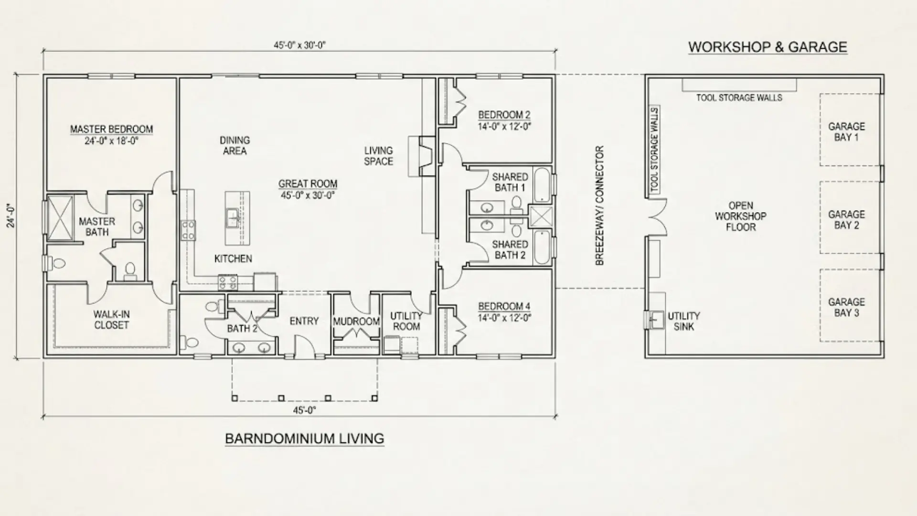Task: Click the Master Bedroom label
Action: point(111,129)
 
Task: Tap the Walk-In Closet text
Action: point(111,320)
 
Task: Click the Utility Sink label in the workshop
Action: point(683,322)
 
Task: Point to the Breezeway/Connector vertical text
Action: point(600,205)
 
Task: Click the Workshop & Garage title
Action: point(767,47)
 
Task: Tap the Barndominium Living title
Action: point(304,439)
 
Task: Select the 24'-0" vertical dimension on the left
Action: point(11,216)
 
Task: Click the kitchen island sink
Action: point(233,217)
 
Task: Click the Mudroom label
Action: point(356,322)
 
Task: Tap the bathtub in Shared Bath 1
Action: point(542,185)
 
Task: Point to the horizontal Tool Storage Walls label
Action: point(739,98)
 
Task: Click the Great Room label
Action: point(308,184)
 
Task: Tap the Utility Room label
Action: point(406,321)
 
